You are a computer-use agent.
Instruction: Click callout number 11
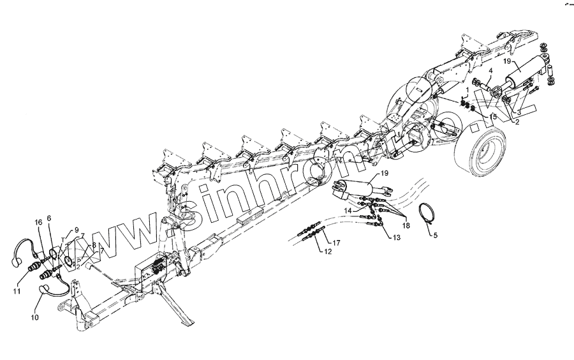(16, 291)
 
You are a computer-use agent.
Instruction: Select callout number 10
(34, 317)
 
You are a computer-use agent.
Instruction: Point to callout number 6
(49, 218)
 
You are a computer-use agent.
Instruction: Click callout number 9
(77, 229)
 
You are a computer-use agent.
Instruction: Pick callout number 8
(94, 244)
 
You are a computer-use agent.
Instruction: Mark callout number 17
(336, 243)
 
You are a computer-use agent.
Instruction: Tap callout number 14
(349, 210)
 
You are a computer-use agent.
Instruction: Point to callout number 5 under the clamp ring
(436, 236)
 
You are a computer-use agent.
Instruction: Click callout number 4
(491, 71)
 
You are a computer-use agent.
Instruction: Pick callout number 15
(493, 117)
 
